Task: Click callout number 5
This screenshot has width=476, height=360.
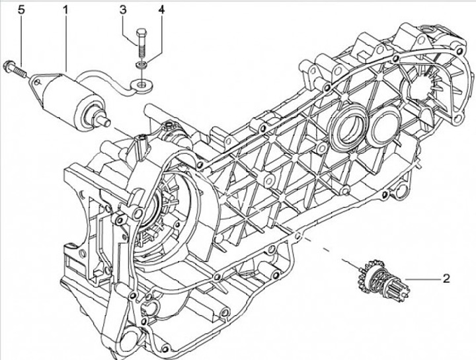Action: pyautogui.click(x=21, y=10)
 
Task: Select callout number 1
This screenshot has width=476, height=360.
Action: pyautogui.click(x=66, y=10)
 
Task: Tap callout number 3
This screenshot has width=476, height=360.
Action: pyautogui.click(x=123, y=10)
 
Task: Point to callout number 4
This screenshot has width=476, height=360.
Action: pyautogui.click(x=161, y=10)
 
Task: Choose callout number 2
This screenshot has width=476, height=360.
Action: pyautogui.click(x=446, y=279)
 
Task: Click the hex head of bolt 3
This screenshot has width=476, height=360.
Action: pyautogui.click(x=140, y=33)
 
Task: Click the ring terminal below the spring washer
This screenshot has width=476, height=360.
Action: pyautogui.click(x=141, y=84)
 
